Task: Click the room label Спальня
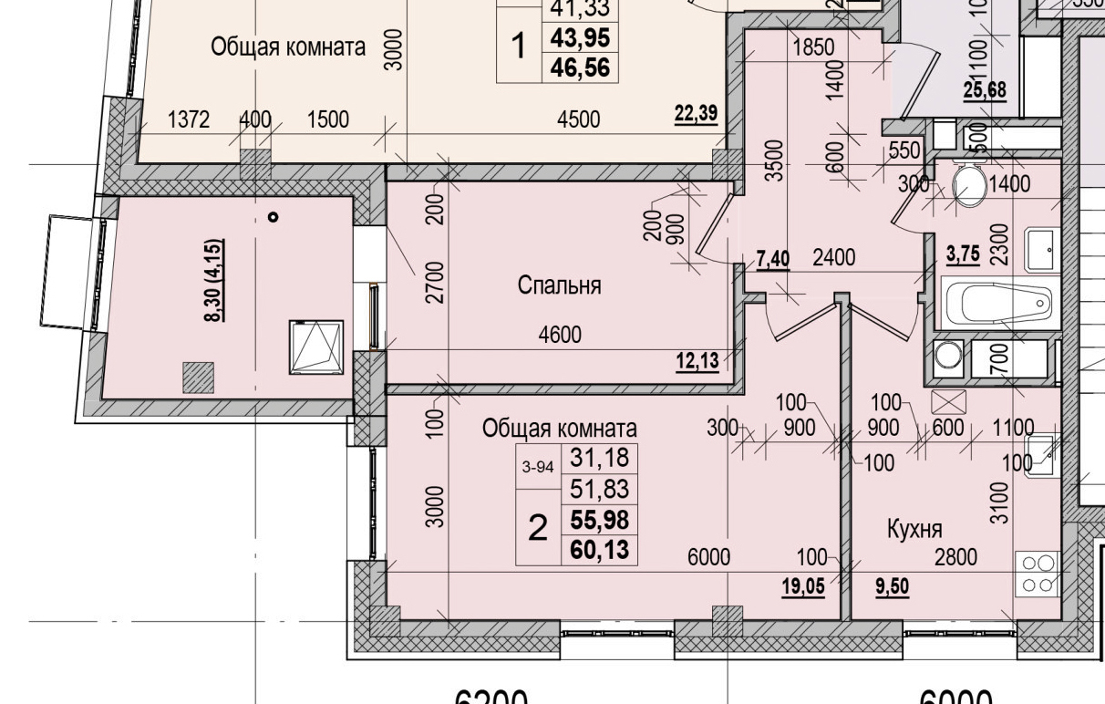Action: point(559,285)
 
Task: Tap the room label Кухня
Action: point(915,529)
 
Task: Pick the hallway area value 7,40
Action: point(772,258)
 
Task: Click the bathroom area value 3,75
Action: point(963,255)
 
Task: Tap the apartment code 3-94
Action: point(538,467)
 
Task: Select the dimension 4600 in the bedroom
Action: point(559,335)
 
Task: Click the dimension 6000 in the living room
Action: point(707,557)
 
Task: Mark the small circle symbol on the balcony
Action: point(273,217)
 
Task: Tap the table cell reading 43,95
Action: point(580,37)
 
